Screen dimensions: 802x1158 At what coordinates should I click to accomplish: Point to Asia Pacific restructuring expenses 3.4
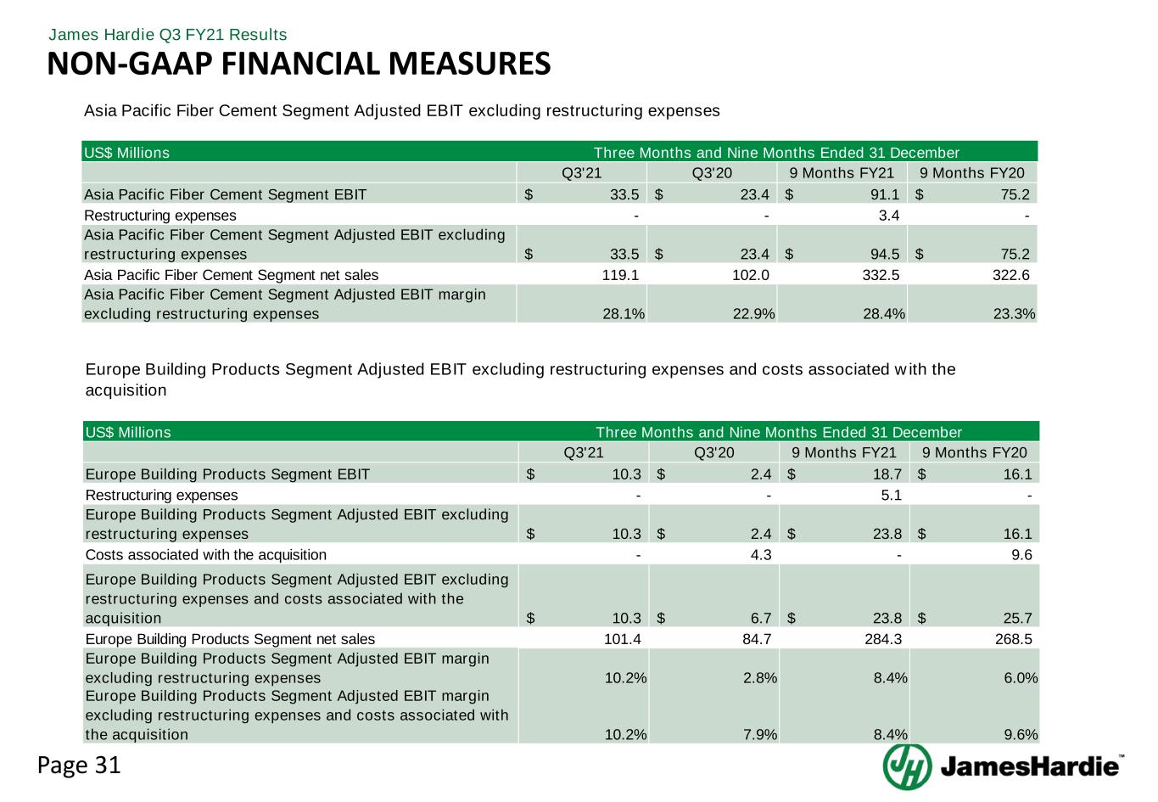(x=888, y=216)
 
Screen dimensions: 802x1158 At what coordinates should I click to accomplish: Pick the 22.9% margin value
(x=757, y=313)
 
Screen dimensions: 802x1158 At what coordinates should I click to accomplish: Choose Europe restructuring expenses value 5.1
(x=891, y=495)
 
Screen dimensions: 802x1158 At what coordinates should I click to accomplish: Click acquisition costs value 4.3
(x=760, y=555)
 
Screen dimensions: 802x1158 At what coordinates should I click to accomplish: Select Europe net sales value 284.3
(x=882, y=639)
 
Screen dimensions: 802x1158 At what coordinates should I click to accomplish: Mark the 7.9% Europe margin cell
(x=759, y=734)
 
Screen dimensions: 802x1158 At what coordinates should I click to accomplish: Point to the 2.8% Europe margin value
(x=759, y=678)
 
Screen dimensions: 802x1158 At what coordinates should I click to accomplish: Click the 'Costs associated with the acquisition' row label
(x=206, y=555)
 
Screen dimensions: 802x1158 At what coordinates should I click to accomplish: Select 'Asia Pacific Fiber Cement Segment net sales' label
(x=232, y=275)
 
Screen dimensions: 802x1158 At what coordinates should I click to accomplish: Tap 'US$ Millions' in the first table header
(x=126, y=153)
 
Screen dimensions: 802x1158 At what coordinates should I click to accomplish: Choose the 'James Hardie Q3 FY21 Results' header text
(x=168, y=35)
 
